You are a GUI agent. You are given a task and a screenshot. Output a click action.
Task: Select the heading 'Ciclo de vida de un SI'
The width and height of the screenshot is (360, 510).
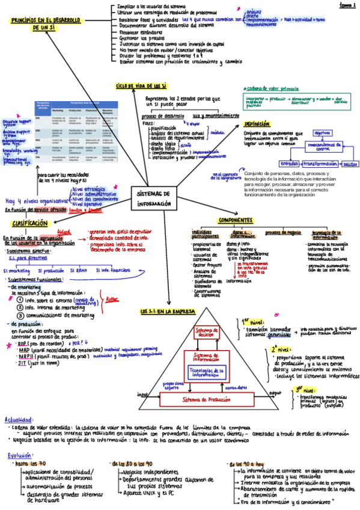pyautogui.click(x=141, y=87)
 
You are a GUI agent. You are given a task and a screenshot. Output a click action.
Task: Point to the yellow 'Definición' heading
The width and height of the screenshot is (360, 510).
pyautogui.click(x=257, y=124)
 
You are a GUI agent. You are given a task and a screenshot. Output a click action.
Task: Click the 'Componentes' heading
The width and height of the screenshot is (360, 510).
pyautogui.click(x=234, y=220)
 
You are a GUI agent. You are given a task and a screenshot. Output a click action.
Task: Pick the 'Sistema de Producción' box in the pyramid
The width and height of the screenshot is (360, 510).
pyautogui.click(x=206, y=399)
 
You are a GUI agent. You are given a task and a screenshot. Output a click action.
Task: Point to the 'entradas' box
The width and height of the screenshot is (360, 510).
pyautogui.click(x=290, y=164)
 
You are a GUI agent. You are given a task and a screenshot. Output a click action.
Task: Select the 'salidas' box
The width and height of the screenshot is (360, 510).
pyautogui.click(x=350, y=164)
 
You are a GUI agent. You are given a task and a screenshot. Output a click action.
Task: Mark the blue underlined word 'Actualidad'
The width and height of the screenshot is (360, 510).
pyautogui.click(x=16, y=419)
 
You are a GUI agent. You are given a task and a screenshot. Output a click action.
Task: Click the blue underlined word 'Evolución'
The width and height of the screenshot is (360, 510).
pyautogui.click(x=20, y=455)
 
